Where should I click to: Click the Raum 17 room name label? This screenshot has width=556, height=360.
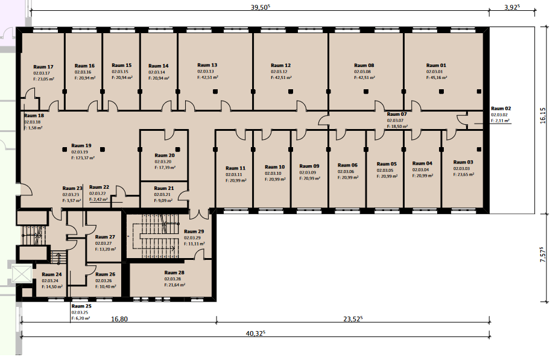pyautogui.click(x=43, y=67)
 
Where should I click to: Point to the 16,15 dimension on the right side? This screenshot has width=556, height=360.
pyautogui.click(x=543, y=116)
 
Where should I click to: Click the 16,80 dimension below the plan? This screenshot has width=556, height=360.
pyautogui.click(x=119, y=319)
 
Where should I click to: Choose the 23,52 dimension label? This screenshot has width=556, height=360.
pyautogui.click(x=353, y=319)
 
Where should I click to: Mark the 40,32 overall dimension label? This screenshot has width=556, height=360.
pyautogui.click(x=256, y=333)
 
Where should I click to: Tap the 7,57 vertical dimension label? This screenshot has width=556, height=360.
pyautogui.click(x=543, y=254)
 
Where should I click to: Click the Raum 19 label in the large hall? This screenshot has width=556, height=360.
pyautogui.click(x=81, y=145)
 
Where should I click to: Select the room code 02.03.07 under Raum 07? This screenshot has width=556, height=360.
pyautogui.click(x=395, y=121)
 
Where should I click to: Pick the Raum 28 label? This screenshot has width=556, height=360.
pyautogui.click(x=174, y=273)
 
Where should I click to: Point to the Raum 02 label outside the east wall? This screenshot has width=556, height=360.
pyautogui.click(x=501, y=109)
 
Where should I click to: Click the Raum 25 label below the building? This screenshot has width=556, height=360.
pyautogui.click(x=81, y=306)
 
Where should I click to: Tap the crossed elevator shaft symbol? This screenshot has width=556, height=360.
pyautogui.click(x=22, y=274)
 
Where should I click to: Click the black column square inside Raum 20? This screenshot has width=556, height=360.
pyautogui.click(x=178, y=150)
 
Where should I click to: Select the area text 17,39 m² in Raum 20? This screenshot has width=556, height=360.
pyautogui.click(x=165, y=168)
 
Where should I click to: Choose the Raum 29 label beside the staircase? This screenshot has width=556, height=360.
pyautogui.click(x=194, y=231)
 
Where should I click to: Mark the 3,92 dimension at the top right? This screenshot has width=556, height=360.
pyautogui.click(x=512, y=7)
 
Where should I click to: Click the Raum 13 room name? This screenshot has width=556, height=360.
pyautogui.click(x=207, y=65)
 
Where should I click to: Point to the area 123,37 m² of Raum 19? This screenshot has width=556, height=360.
pyautogui.click(x=83, y=158)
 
